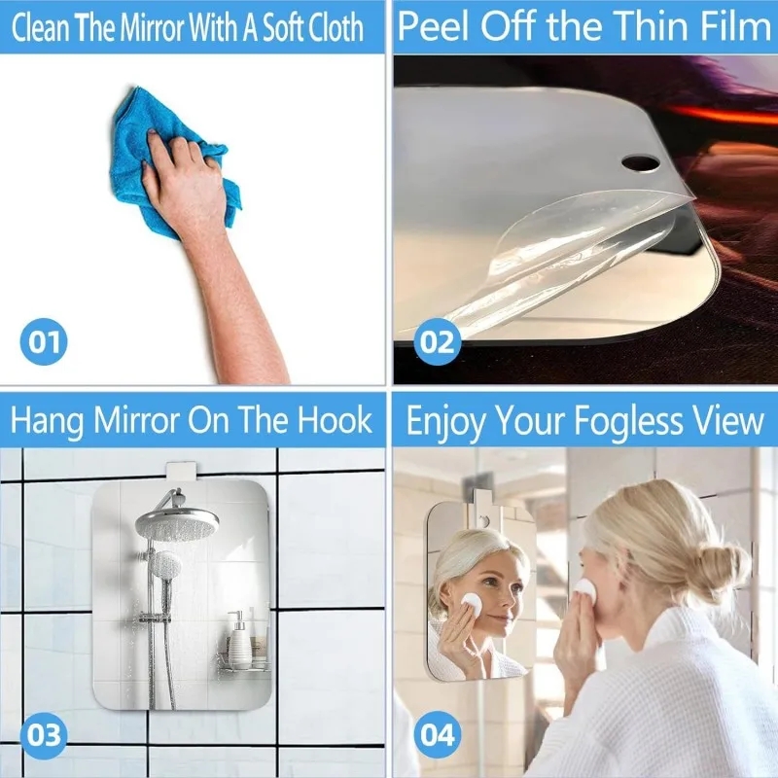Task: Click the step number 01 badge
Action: click(x=44, y=341)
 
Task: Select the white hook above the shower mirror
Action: click(x=180, y=473)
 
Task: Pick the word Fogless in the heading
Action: click(x=625, y=421)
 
